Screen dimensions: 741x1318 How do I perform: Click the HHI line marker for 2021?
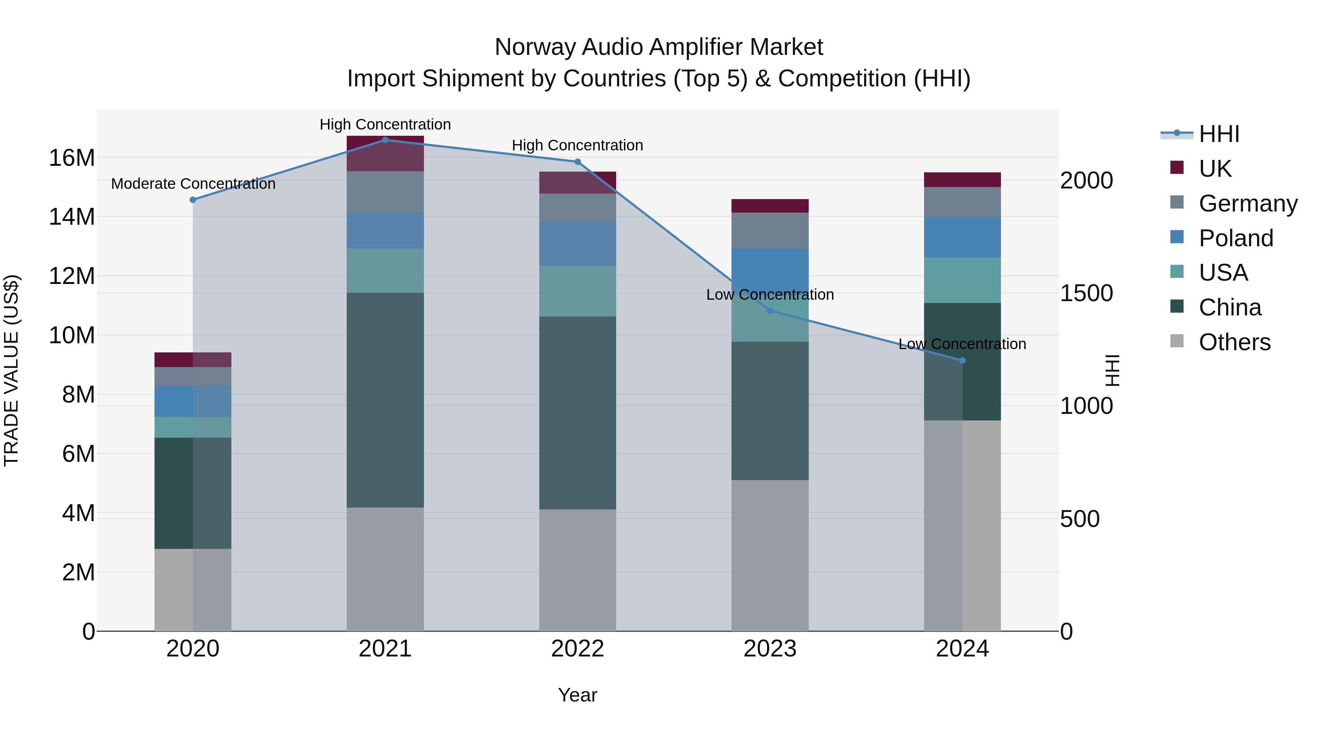pyautogui.click(x=385, y=140)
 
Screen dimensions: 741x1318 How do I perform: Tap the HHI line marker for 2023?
pyautogui.click(x=770, y=310)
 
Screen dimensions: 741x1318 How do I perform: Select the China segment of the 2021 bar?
pyautogui.click(x=385, y=400)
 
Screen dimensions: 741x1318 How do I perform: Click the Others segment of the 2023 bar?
pyautogui.click(x=770, y=555)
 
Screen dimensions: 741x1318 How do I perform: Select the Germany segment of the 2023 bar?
pyautogui.click(x=770, y=231)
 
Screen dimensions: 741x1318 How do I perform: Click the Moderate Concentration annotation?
pyautogui.click(x=193, y=184)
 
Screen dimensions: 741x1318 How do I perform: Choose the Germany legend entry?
pyautogui.click(x=1247, y=203)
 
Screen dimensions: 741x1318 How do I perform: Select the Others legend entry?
pyautogui.click(x=1234, y=342)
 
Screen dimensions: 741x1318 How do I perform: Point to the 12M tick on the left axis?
pyautogui.click(x=72, y=276)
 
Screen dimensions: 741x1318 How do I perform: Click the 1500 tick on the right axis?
pyautogui.click(x=1086, y=293)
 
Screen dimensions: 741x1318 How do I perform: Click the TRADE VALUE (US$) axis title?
pyautogui.click(x=11, y=370)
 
